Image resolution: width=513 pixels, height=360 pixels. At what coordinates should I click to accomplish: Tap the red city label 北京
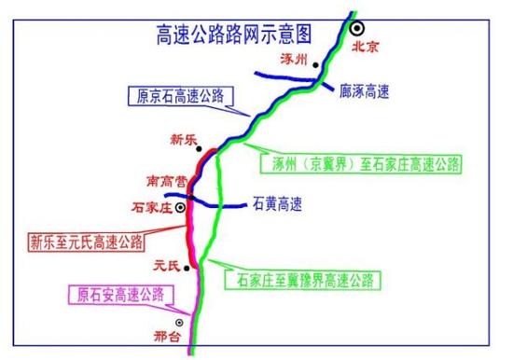pyautogui.click(x=367, y=44)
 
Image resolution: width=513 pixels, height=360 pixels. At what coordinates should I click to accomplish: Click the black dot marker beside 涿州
pyautogui.click(x=316, y=66)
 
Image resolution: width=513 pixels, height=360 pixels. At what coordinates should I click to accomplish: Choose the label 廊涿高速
pyautogui.click(x=365, y=91)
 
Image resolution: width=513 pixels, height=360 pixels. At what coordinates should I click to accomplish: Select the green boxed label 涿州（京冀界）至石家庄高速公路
pyautogui.click(x=359, y=163)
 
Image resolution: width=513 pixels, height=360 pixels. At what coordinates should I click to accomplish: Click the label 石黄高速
pyautogui.click(x=277, y=201)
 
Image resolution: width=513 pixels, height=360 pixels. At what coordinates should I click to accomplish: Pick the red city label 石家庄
pyautogui.click(x=153, y=207)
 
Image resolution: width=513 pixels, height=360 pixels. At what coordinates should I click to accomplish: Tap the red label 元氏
pyautogui.click(x=168, y=265)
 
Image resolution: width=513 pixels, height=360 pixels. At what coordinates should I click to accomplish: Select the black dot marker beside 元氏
pyautogui.click(x=188, y=269)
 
